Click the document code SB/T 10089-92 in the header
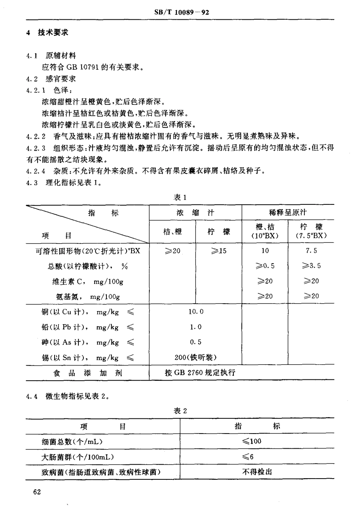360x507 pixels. coord(182,12)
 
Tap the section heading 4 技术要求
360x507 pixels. coord(47,33)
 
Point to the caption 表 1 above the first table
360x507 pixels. coord(180,197)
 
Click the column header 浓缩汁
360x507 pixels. coord(195,212)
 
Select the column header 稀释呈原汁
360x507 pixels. coord(288,212)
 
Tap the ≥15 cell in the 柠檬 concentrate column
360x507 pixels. coord(219,251)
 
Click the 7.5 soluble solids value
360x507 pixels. coord(311,251)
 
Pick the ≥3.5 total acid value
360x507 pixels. coord(311,266)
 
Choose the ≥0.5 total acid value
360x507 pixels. coord(265,266)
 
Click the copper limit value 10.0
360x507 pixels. coord(196,312)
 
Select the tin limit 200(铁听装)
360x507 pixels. coord(196,357)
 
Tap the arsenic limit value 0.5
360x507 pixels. coord(196,342)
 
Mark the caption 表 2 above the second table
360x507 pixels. coord(180,411)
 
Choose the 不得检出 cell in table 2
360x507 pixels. coord(257,472)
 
